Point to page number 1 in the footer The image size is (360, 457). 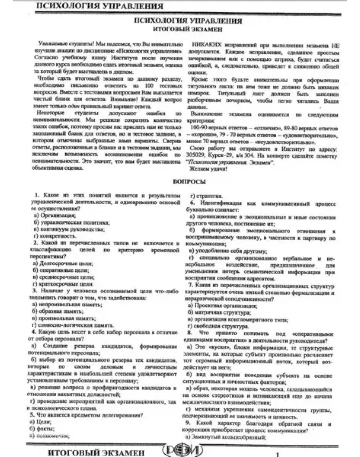click(x=277, y=453)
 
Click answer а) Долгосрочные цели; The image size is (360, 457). click(x=63, y=264)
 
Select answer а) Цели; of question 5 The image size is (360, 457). click(x=42, y=422)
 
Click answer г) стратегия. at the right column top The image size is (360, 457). click(x=207, y=196)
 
